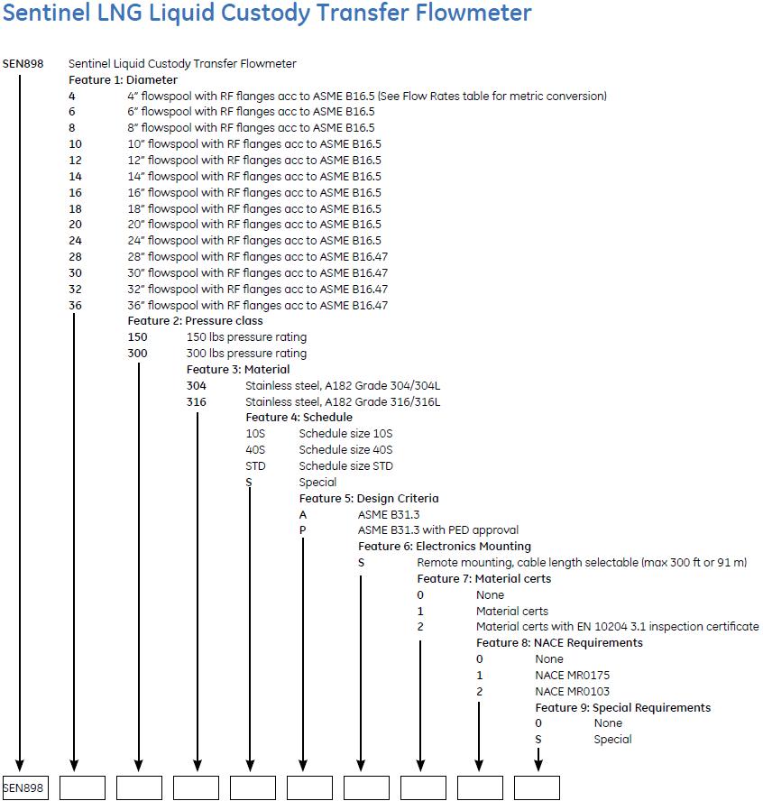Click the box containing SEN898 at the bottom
(x=24, y=787)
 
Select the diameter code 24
(x=75, y=241)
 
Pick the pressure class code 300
(x=138, y=354)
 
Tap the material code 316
(x=197, y=402)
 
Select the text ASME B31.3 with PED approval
(x=437, y=530)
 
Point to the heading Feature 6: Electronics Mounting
(x=445, y=547)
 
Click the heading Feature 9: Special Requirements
(x=622, y=708)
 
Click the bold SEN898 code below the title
(x=23, y=64)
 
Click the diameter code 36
(x=75, y=306)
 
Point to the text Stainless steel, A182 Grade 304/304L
(x=343, y=386)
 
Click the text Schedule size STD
(x=346, y=466)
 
